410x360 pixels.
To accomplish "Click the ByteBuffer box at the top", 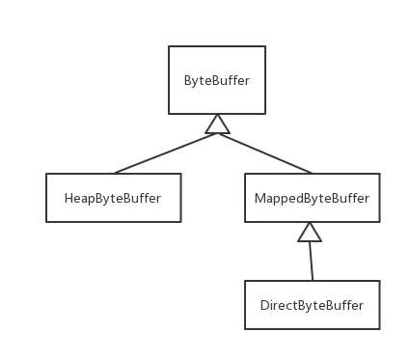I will [216, 81].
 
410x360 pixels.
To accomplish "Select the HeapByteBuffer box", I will [112, 198].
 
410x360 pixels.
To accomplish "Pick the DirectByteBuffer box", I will [312, 305].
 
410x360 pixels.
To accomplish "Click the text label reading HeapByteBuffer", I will [112, 199].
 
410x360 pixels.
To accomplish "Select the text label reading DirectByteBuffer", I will [312, 306].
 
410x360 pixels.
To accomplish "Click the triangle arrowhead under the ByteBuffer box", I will [218, 124].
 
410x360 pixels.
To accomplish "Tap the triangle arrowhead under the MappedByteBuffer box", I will [310, 232].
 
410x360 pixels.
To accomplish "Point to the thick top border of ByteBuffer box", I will [215, 42].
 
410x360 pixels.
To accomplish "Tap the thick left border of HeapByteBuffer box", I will [42, 198].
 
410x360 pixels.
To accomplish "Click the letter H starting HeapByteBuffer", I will [68, 199].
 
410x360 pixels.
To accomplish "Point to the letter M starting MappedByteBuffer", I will [259, 199].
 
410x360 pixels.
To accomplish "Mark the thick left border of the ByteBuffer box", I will [166, 81].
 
